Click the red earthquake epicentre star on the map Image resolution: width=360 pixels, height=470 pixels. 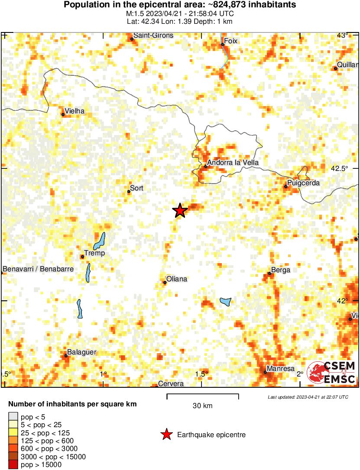tap(180, 211)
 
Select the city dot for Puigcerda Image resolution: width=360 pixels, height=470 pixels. tap(286, 187)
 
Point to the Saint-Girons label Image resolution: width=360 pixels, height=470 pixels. tap(153, 35)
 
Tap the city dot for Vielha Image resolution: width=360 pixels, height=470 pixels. tap(63, 115)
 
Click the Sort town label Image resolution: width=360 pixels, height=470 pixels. tap(136, 188)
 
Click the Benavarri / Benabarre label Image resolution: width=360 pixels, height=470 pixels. tap(38, 269)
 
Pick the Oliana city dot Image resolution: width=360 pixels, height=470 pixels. tap(165, 283)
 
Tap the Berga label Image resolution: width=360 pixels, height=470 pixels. tap(281, 270)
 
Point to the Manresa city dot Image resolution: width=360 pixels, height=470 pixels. tap(265, 372)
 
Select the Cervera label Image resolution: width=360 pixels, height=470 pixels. tap(171, 384)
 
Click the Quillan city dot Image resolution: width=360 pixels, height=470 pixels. tap(336, 68)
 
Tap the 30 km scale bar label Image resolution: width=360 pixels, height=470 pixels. tap(202, 406)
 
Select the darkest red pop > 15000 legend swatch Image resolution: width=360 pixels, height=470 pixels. tap(13, 465)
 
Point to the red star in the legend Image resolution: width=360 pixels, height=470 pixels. tap(166, 435)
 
